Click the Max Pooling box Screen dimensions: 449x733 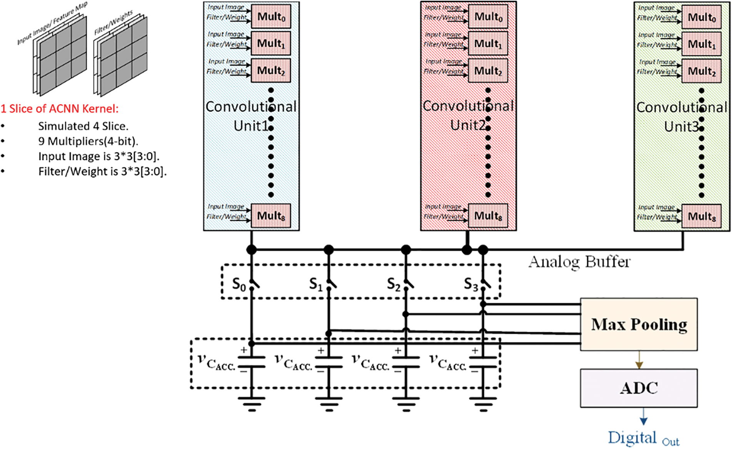point(638,324)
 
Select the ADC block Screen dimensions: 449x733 point(638,388)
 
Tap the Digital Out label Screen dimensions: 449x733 point(643,439)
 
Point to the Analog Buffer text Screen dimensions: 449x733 point(579,262)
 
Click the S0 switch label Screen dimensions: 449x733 point(239,285)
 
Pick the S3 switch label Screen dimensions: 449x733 point(471,285)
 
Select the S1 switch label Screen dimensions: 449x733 point(316,285)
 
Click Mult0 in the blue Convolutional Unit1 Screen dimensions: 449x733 point(271,17)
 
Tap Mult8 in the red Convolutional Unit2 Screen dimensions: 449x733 point(488,216)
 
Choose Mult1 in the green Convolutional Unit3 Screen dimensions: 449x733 point(701,44)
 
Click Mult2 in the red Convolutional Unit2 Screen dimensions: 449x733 point(488,71)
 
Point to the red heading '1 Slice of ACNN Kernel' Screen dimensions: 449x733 point(60,109)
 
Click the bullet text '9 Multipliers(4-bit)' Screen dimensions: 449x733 point(88,141)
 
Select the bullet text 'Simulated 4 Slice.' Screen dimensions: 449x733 point(83,126)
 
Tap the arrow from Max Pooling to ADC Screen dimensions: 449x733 point(639,360)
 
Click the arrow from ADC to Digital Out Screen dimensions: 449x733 point(643,417)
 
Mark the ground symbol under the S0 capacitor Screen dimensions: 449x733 point(252,404)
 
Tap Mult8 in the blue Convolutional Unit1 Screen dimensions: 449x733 point(271,216)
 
